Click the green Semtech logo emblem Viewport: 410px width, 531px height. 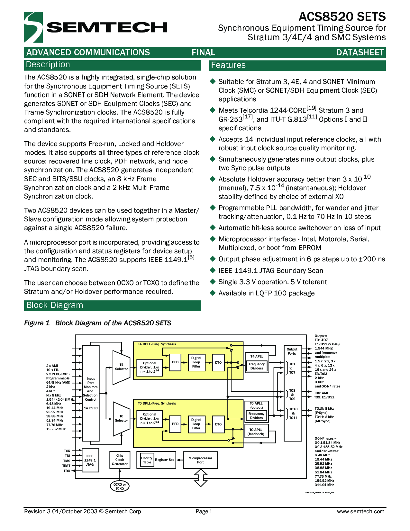33,27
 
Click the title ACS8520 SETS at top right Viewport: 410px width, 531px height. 342,17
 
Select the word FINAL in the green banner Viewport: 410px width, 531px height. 203,52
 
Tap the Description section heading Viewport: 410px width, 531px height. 48,64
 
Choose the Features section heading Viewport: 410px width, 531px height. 228,65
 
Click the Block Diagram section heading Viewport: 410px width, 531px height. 55,305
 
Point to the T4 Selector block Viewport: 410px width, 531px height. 121,368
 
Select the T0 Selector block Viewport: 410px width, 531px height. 121,419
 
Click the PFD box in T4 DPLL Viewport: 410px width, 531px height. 175,362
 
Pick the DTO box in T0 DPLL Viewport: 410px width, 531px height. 218,424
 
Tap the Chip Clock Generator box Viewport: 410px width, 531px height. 120,460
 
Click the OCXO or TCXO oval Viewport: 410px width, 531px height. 120,486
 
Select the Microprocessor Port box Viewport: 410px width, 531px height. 200,460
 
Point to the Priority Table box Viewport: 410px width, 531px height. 147,460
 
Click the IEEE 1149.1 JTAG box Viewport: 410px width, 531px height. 90,460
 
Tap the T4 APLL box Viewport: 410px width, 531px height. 257,357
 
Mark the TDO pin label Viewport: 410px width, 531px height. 67,471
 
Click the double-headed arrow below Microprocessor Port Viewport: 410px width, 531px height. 200,478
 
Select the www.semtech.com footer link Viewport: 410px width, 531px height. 360,511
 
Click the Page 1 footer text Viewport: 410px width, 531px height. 204,511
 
